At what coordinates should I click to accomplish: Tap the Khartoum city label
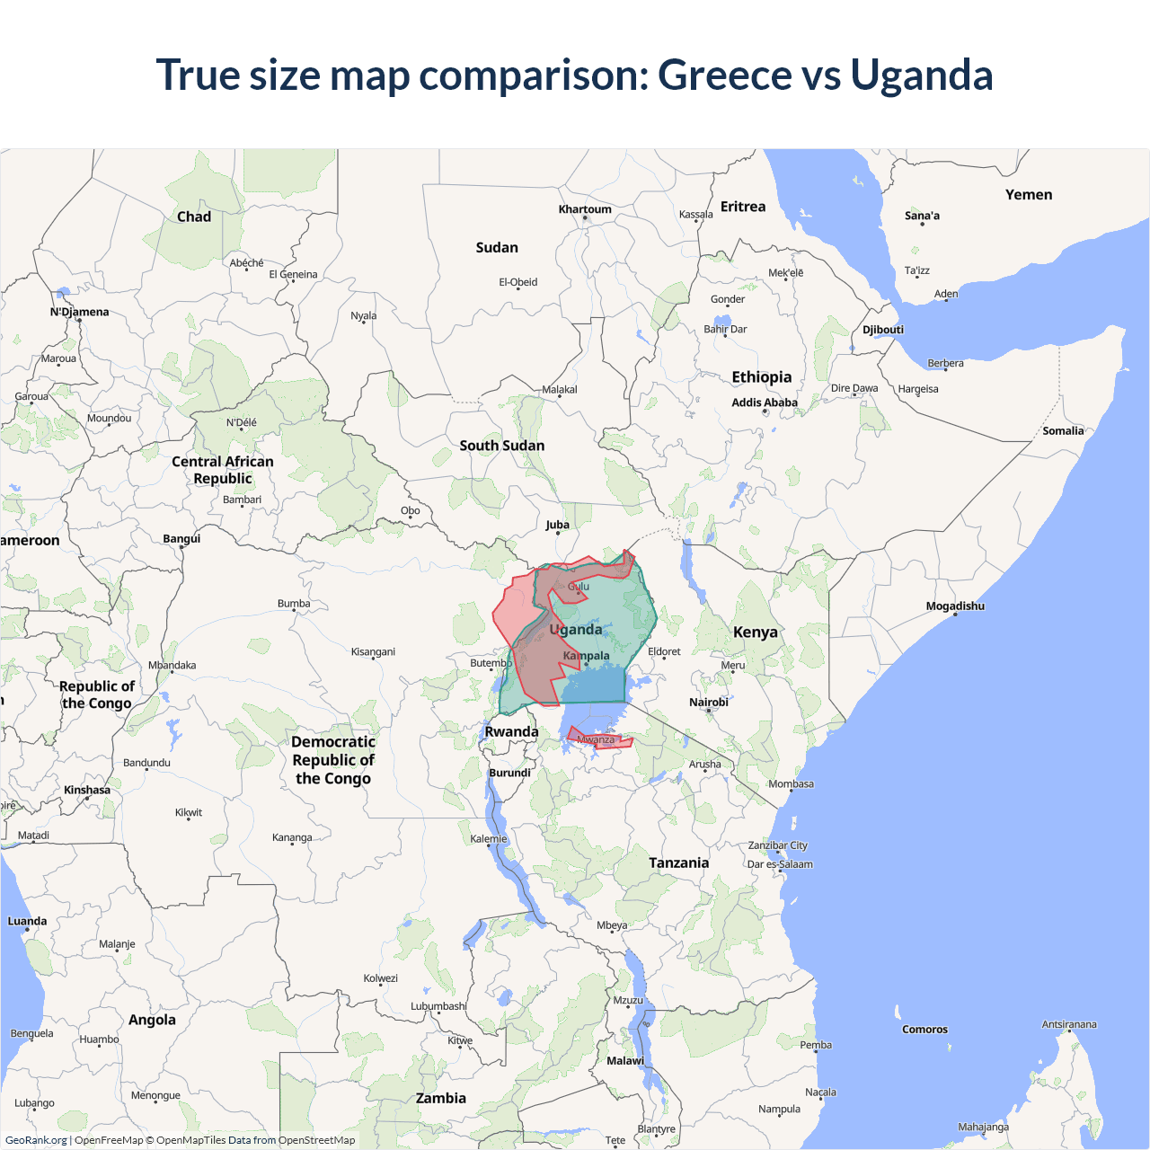(x=585, y=209)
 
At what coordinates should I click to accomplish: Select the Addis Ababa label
(x=764, y=402)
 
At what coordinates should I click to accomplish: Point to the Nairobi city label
(x=708, y=703)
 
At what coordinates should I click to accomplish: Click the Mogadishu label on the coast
(x=954, y=606)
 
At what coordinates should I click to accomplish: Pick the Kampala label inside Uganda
(x=586, y=656)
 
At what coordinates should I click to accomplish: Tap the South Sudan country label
(x=501, y=446)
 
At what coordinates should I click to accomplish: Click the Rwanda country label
(x=511, y=731)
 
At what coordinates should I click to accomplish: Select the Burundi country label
(x=509, y=773)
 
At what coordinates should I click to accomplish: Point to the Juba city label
(x=557, y=525)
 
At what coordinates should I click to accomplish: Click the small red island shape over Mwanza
(x=600, y=740)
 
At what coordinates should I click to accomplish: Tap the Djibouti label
(x=882, y=330)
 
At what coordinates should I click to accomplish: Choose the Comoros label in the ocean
(x=924, y=1030)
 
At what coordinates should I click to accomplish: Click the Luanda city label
(x=27, y=922)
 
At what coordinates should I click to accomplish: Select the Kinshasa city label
(x=87, y=791)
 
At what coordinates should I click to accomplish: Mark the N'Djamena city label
(x=79, y=313)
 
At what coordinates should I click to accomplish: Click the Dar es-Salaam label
(x=780, y=864)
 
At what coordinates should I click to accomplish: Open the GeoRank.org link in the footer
(x=36, y=1140)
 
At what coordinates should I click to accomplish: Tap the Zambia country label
(x=440, y=1098)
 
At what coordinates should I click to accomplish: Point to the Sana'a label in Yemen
(x=922, y=216)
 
